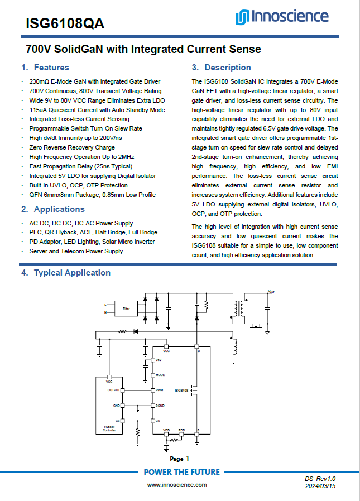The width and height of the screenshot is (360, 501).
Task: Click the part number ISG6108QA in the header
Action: [x=65, y=24]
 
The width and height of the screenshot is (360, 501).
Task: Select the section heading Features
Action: [x=51, y=68]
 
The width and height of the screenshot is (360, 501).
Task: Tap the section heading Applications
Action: [x=59, y=209]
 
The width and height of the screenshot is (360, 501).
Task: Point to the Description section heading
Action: [x=228, y=68]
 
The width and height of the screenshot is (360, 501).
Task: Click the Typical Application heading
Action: [x=72, y=273]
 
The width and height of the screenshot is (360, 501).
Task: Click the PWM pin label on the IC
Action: [x=159, y=389]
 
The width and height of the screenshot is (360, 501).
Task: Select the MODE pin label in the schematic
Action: [x=160, y=375]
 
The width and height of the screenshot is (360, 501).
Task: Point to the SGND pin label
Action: [x=160, y=405]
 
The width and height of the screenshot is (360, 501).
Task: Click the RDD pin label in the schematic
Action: [x=181, y=430]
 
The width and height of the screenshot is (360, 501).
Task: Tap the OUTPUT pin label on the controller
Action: [x=114, y=389]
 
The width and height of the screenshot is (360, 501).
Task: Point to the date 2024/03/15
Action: [x=320, y=486]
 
